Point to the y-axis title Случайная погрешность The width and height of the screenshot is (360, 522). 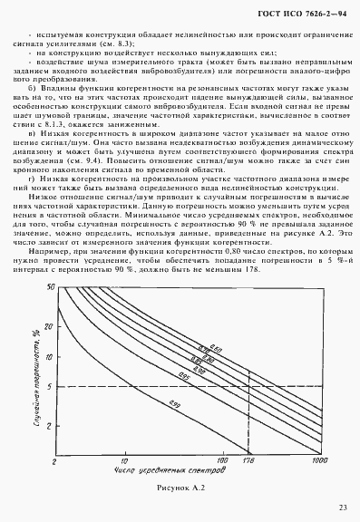coord(39,386)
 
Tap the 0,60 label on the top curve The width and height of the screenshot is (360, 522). coord(214,341)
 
